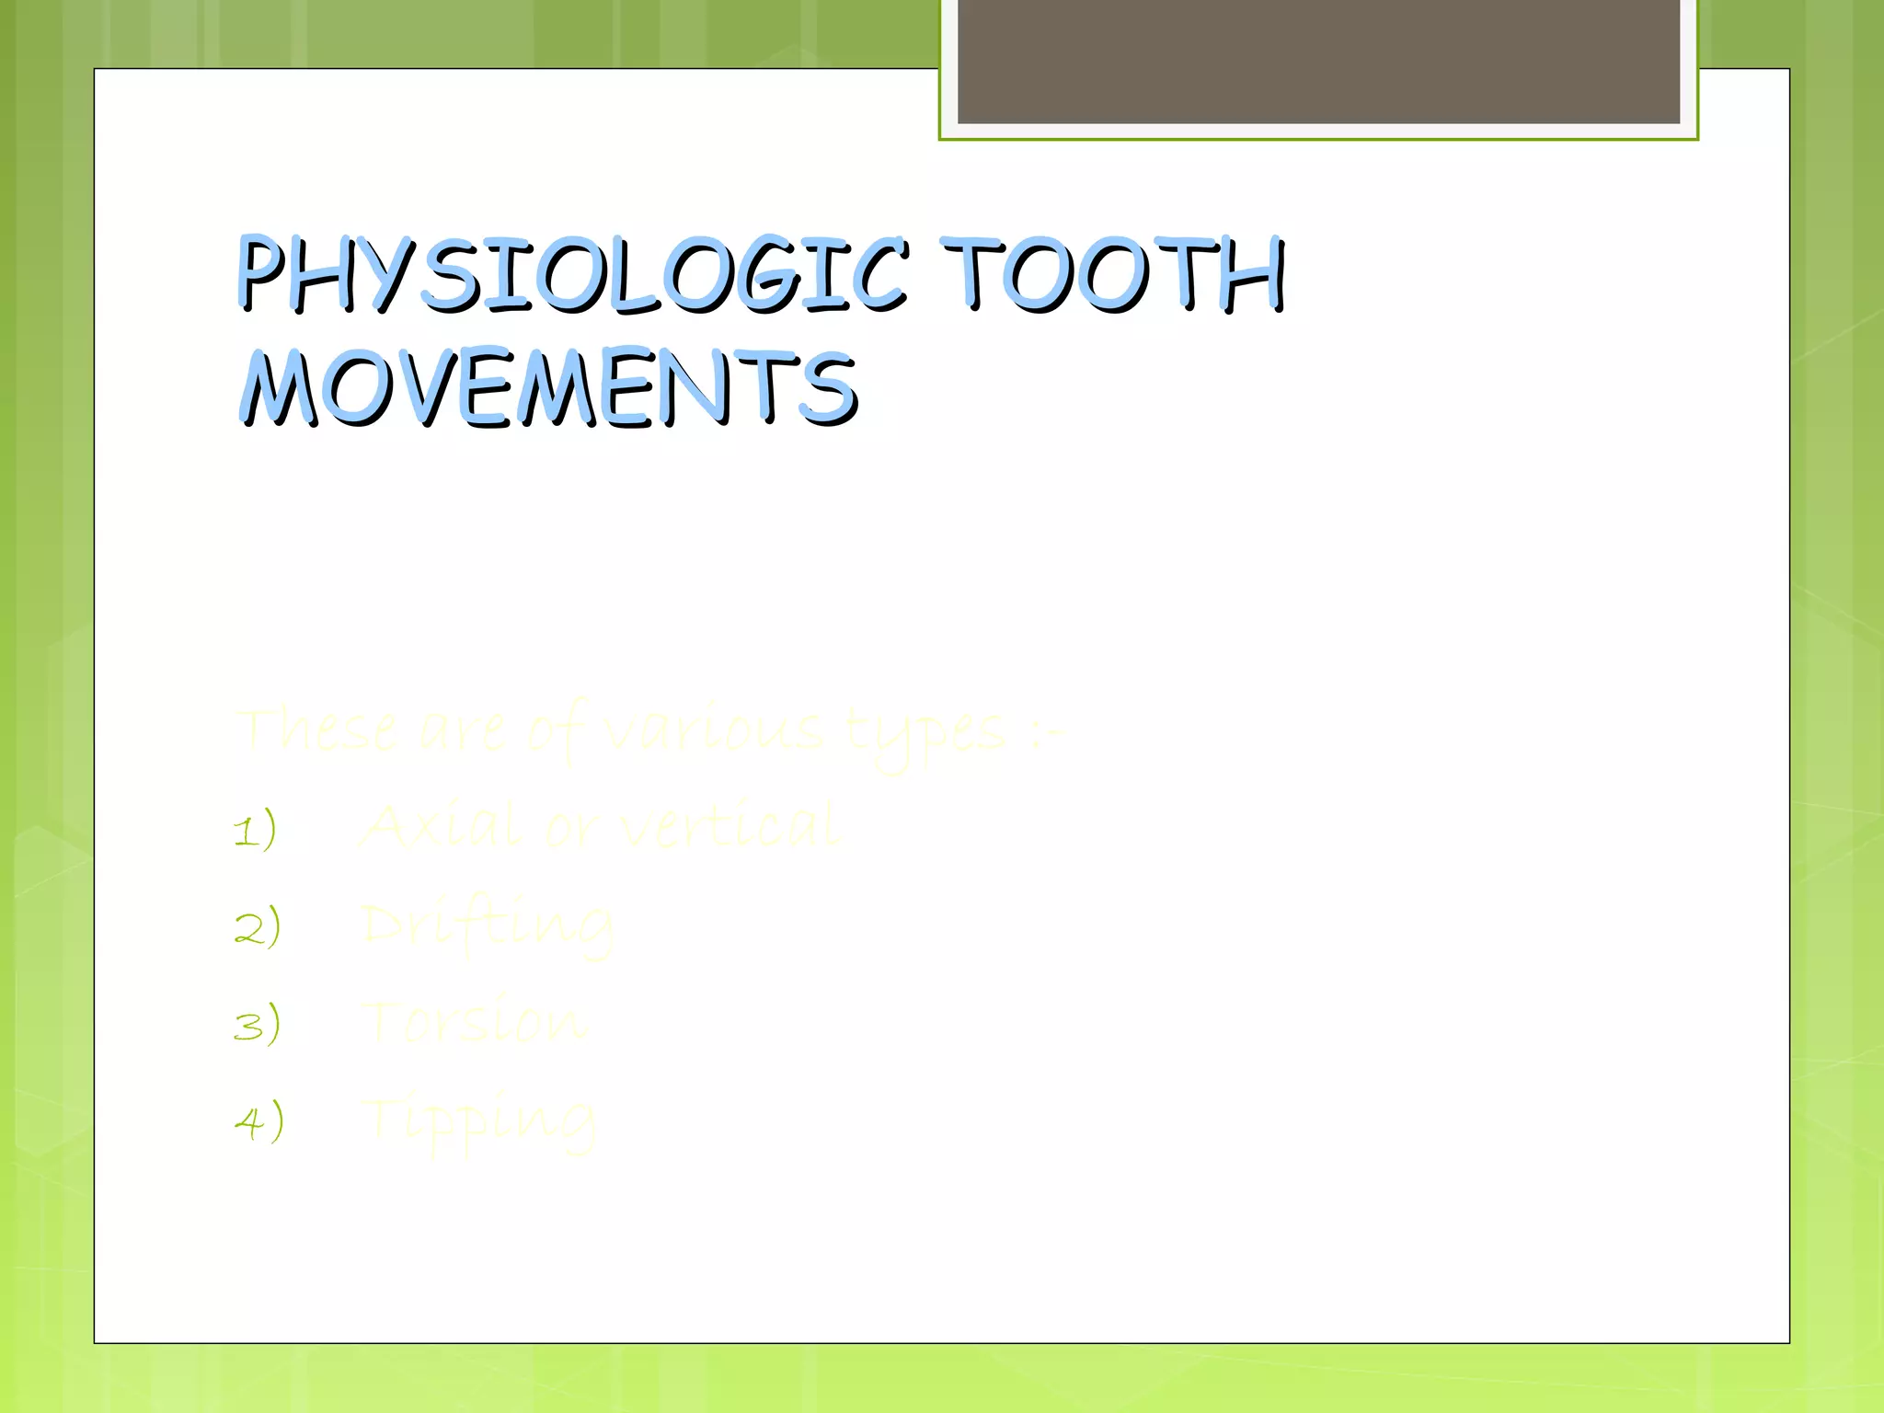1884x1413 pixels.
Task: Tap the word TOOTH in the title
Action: click(1113, 273)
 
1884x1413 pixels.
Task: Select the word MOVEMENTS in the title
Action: click(550, 388)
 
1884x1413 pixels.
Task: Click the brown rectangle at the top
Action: click(1318, 61)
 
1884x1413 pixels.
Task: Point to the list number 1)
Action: click(255, 829)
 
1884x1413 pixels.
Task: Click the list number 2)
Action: click(257, 926)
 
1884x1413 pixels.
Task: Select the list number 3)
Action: click(257, 1024)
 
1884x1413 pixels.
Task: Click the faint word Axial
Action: click(442, 825)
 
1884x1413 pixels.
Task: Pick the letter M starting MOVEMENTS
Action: click(278, 388)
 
